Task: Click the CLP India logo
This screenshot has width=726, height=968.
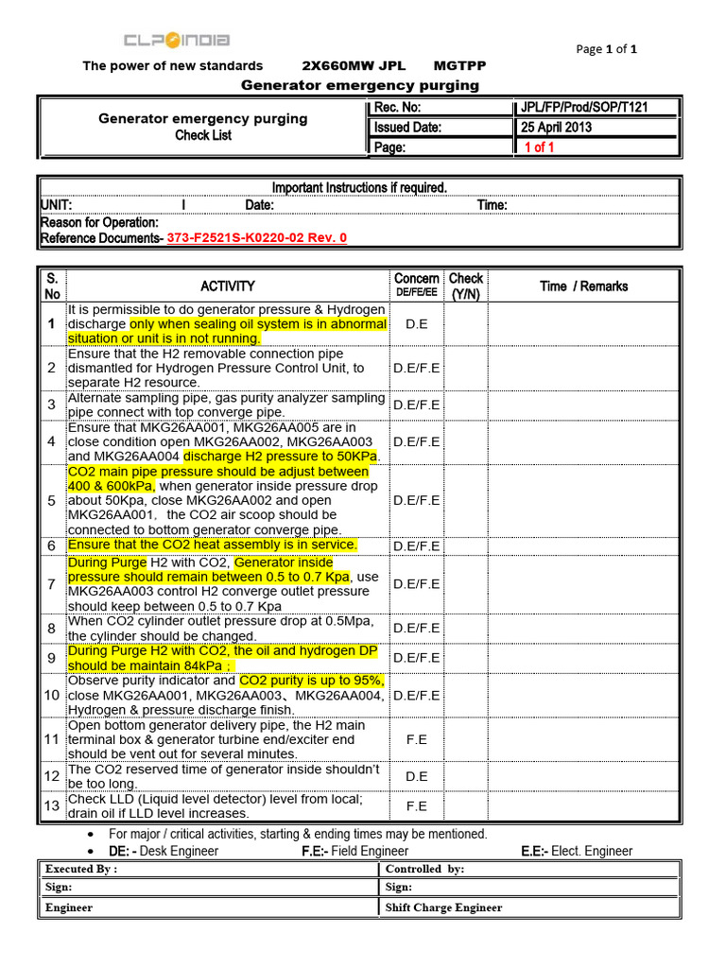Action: (177, 41)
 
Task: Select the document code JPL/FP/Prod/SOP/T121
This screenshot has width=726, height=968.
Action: (584, 108)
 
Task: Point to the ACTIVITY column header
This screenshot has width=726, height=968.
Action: (227, 286)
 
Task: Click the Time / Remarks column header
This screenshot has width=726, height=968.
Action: (583, 286)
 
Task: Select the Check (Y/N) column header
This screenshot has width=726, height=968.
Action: (465, 285)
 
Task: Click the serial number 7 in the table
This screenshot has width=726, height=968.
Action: (51, 584)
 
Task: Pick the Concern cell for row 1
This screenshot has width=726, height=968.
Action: (416, 324)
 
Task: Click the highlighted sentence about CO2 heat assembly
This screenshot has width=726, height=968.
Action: (213, 545)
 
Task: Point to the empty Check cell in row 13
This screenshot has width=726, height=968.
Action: (465, 806)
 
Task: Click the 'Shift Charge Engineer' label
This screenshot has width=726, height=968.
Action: (444, 907)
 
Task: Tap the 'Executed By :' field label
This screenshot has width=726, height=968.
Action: (81, 869)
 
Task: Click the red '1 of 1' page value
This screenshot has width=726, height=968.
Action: (539, 147)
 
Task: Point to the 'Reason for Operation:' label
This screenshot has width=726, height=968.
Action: (99, 222)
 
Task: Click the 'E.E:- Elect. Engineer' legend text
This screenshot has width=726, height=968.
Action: (577, 851)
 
